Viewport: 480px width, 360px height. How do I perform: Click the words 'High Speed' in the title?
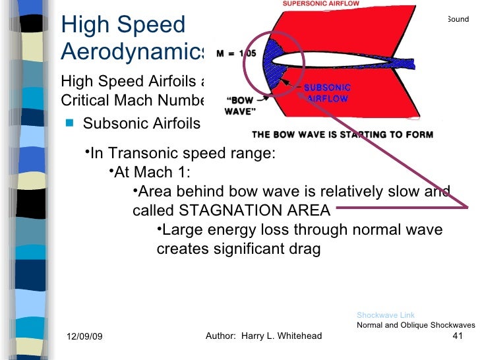tap(123, 25)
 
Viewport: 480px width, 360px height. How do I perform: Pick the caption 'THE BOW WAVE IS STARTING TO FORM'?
tap(342, 135)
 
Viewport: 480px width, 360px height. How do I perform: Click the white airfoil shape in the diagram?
tap(330, 59)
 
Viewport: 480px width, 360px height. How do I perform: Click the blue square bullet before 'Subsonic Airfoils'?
tap(69, 123)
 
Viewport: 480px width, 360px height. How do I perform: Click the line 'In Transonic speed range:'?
tap(182, 154)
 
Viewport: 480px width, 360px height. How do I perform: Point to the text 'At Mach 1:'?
tap(152, 173)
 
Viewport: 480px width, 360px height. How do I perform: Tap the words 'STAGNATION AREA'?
tap(255, 211)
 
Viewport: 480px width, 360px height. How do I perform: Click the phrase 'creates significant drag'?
tap(238, 250)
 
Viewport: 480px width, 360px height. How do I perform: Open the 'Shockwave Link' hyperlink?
tap(386, 315)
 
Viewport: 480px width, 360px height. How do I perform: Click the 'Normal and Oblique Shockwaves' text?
tap(415, 325)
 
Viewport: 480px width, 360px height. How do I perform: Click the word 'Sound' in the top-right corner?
tap(458, 19)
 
